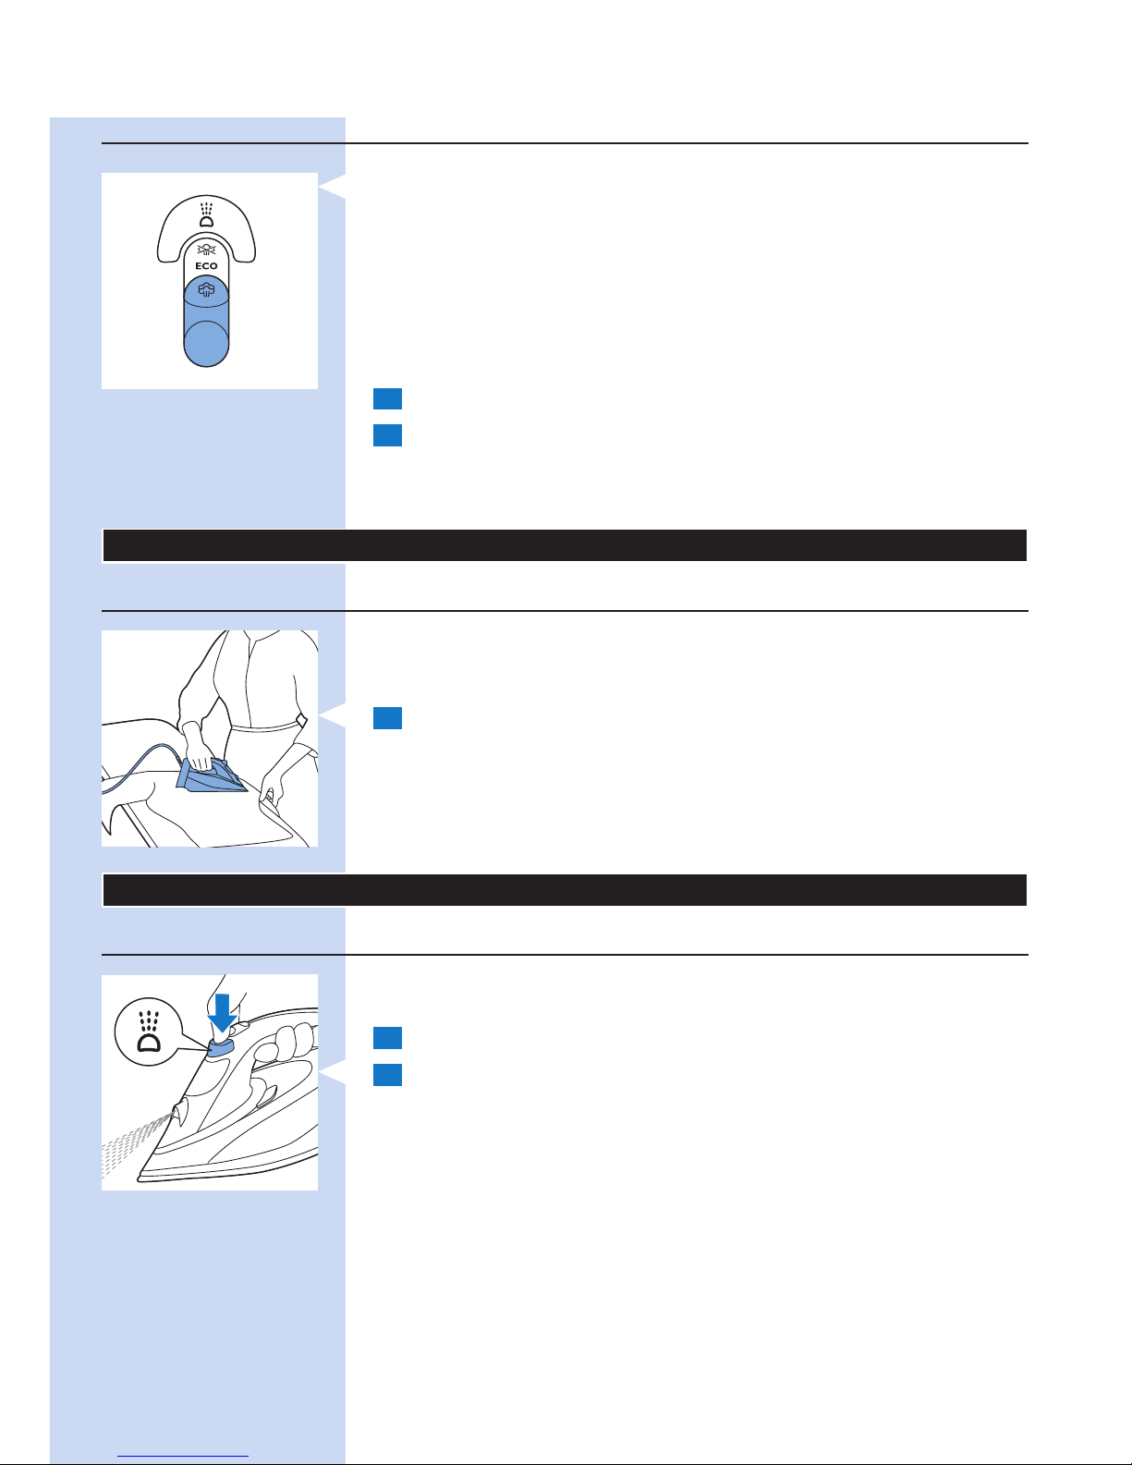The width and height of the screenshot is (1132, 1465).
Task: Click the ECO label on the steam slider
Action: coord(206,265)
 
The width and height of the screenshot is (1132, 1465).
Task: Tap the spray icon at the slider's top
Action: coord(207,214)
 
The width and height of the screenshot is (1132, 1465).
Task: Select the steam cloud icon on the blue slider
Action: coord(206,290)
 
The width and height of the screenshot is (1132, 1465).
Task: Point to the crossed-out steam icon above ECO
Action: coord(206,250)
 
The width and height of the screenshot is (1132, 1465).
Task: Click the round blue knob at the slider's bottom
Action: coord(206,344)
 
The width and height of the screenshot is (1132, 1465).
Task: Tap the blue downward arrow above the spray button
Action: coord(222,1013)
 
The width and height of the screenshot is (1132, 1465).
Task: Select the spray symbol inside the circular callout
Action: coord(149,1032)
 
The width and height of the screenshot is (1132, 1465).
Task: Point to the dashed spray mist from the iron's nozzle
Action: coord(135,1145)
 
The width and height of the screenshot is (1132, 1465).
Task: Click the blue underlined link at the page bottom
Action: coord(183,1456)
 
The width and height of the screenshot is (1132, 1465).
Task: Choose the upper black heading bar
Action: coord(565,545)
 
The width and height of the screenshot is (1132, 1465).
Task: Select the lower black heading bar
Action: coord(565,890)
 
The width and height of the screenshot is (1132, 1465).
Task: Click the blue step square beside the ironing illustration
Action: coord(387,718)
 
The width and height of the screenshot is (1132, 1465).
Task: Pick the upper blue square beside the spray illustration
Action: coord(387,1038)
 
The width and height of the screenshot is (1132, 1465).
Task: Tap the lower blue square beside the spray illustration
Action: coord(387,1075)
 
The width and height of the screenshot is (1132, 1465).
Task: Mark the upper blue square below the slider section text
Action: coord(387,398)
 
